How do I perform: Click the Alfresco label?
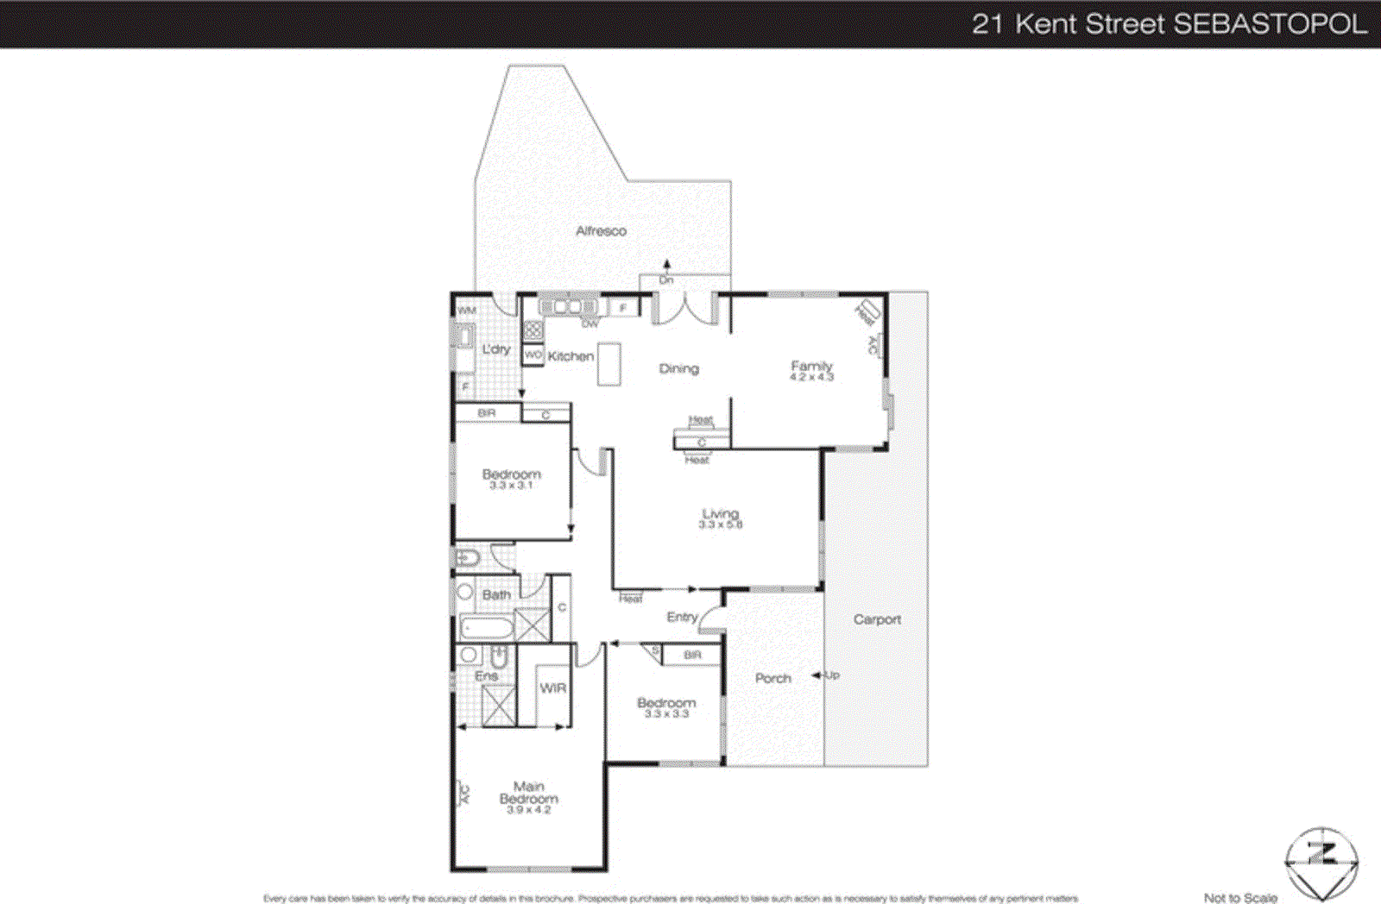coord(601,231)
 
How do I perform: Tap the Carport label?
coord(877,619)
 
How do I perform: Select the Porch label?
coord(772,679)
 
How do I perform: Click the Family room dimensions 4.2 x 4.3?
coord(811,378)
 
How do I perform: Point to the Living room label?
coord(720,513)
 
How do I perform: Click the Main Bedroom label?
coord(528,793)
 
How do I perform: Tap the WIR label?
coord(552,688)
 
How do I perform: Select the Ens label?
coord(486,676)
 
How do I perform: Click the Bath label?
coord(496,595)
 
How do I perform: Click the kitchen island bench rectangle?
coord(609,364)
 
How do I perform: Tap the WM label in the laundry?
coord(467,311)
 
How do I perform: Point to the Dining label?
coord(678,369)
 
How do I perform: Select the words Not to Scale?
coord(1240,898)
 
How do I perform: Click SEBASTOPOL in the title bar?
coord(1270,24)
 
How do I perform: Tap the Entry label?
coord(681,618)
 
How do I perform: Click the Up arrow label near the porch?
coord(831,675)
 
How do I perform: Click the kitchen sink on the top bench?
coord(567,306)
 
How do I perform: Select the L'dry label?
coord(495,349)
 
